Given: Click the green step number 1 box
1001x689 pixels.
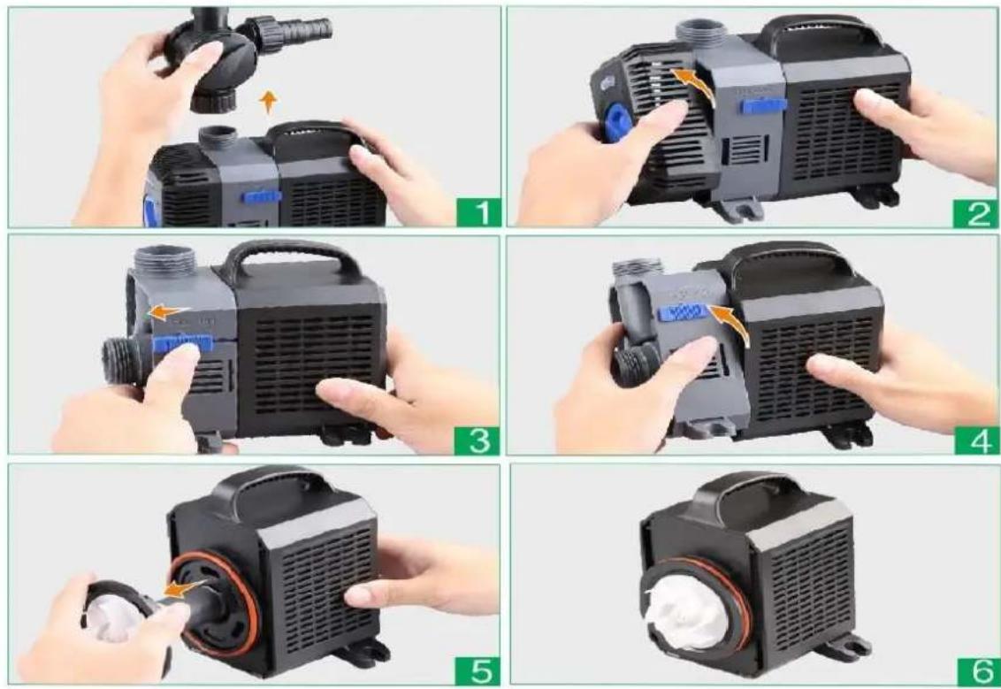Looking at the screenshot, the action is (x=478, y=212).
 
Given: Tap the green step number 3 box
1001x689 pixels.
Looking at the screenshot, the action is (x=477, y=440).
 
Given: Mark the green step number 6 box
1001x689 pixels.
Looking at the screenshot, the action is (x=977, y=671).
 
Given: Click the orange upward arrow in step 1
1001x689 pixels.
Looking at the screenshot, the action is (x=270, y=103).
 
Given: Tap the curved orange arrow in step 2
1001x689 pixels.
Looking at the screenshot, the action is (x=696, y=83).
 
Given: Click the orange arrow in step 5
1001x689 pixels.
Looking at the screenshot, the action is (x=183, y=588).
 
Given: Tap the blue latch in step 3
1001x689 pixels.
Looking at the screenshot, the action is (x=182, y=343).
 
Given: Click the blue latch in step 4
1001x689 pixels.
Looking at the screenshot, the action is (x=684, y=311).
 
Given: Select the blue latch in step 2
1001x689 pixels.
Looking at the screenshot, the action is (x=763, y=105).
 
